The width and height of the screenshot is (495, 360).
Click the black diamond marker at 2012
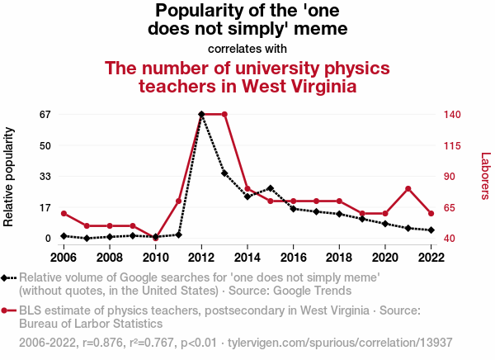(201, 114)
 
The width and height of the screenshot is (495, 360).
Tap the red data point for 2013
(224, 114)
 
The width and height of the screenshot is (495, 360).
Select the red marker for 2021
(408, 189)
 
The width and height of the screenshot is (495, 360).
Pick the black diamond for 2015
(271, 188)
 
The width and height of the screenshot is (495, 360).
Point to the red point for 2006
(64, 214)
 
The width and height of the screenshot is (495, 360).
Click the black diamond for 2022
(431, 230)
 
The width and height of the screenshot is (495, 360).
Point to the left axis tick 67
(45, 114)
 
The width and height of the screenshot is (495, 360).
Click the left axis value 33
(45, 177)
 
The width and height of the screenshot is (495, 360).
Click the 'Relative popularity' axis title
(10, 177)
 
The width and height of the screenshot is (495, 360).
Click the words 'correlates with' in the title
(247, 49)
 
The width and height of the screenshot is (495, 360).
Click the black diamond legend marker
(7, 278)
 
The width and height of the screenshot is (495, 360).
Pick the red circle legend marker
(7, 311)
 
